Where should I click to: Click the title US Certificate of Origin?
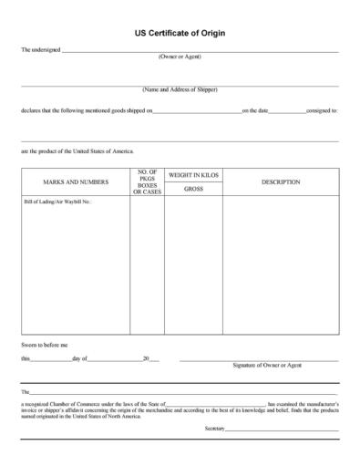click(x=180, y=33)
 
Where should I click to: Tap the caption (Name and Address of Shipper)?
click(x=180, y=89)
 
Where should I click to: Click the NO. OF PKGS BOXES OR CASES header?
click(x=147, y=182)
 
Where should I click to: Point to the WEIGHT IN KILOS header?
click(x=193, y=174)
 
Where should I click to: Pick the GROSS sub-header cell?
click(x=193, y=189)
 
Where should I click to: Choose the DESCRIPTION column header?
click(x=281, y=182)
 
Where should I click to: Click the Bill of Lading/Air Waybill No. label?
click(x=57, y=202)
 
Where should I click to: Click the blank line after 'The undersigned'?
click(x=201, y=51)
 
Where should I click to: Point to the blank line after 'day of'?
click(x=115, y=360)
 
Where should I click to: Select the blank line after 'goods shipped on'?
click(x=197, y=111)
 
